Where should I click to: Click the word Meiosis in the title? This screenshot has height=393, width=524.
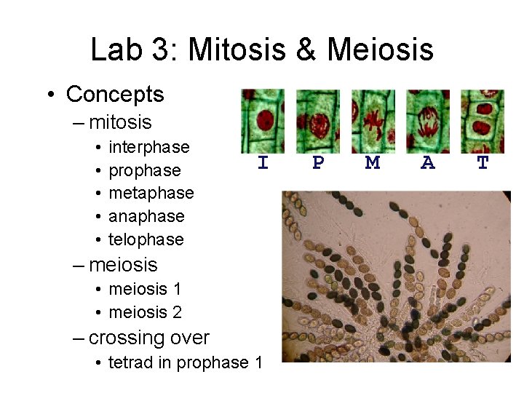point(380,49)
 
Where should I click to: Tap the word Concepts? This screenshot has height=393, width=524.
point(115,94)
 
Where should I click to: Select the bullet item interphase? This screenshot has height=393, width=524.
point(148,147)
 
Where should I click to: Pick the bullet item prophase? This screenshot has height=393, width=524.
point(144,170)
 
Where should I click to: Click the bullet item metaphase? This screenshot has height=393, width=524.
point(151,193)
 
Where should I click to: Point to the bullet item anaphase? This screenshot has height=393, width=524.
point(146,216)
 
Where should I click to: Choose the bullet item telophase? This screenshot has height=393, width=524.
point(146,239)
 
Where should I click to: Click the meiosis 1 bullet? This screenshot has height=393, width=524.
point(145,289)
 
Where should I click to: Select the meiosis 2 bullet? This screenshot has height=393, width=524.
point(145,312)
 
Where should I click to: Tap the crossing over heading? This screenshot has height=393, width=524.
point(148,338)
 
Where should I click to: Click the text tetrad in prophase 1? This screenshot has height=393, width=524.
point(185,362)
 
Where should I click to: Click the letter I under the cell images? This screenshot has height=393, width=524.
point(263,164)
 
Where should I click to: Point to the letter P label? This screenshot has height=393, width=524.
point(318,164)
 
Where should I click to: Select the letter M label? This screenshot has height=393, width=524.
point(373,164)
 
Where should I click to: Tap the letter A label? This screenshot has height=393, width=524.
point(428,164)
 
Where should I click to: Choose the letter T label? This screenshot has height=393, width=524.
point(483,164)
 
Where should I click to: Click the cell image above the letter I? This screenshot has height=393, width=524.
point(263,121)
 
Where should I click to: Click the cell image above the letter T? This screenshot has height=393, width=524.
point(483,121)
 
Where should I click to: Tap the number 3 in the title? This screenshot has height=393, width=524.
point(166,49)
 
